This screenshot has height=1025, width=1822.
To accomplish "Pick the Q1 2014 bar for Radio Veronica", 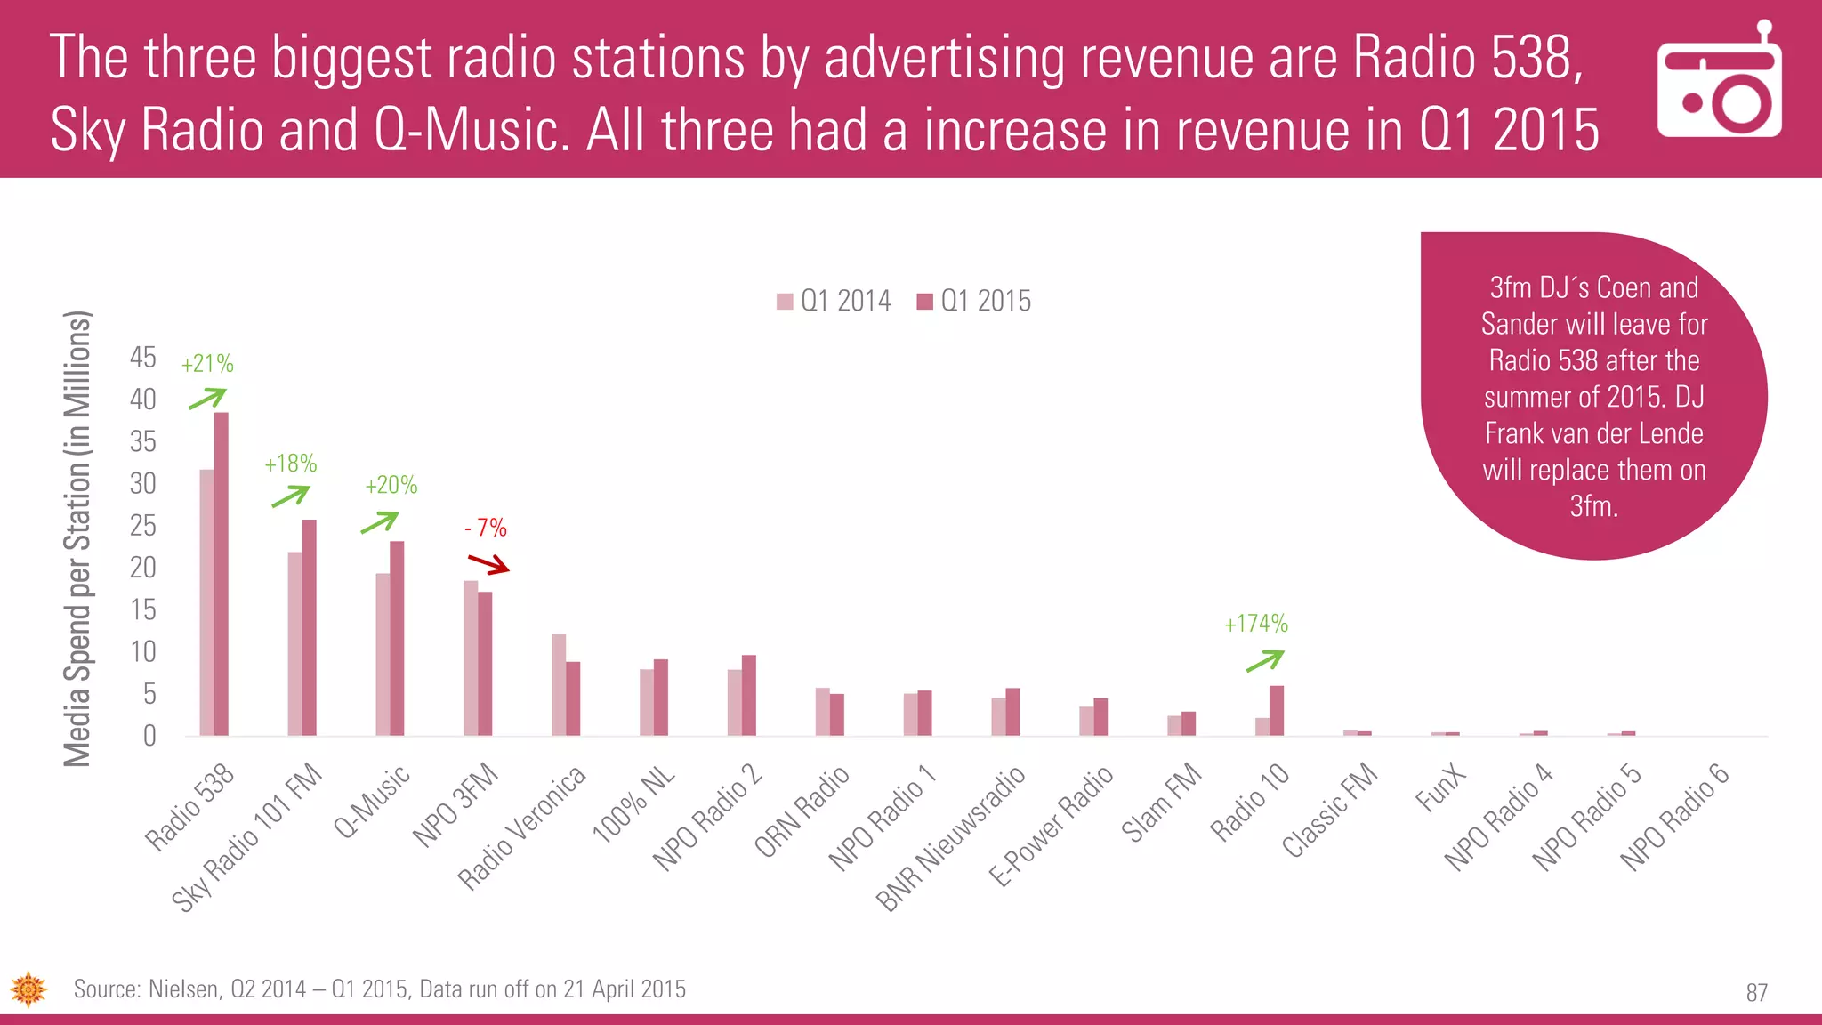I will pyautogui.click(x=559, y=684).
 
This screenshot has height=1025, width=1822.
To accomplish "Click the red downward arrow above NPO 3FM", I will pyautogui.click(x=488, y=564).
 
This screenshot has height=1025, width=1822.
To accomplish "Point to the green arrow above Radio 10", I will pyautogui.click(x=1265, y=660).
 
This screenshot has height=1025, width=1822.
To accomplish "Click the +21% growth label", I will pyautogui.click(x=207, y=364).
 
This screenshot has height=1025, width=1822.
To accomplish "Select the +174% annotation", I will pyautogui.click(x=1256, y=624).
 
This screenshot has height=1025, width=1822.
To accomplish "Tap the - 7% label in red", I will pyautogui.click(x=486, y=529).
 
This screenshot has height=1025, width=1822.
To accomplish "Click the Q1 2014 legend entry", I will pyautogui.click(x=834, y=302).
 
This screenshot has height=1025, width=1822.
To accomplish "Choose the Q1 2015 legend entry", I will pyautogui.click(x=974, y=302).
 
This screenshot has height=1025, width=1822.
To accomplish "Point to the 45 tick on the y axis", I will pyautogui.click(x=142, y=358).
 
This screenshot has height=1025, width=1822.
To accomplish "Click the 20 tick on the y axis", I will pyautogui.click(x=142, y=568).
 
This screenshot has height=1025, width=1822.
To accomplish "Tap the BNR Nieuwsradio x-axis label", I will pyautogui.click(x=951, y=839).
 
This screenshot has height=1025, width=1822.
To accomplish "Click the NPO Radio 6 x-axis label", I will pyautogui.click(x=1675, y=817).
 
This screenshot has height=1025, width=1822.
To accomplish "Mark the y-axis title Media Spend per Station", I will pyautogui.click(x=78, y=538).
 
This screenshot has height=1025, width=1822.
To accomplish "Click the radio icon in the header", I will pyautogui.click(x=1719, y=82).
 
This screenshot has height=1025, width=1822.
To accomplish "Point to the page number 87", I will pyautogui.click(x=1756, y=993).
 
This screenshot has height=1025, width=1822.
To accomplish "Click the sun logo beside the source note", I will pyautogui.click(x=28, y=989).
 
